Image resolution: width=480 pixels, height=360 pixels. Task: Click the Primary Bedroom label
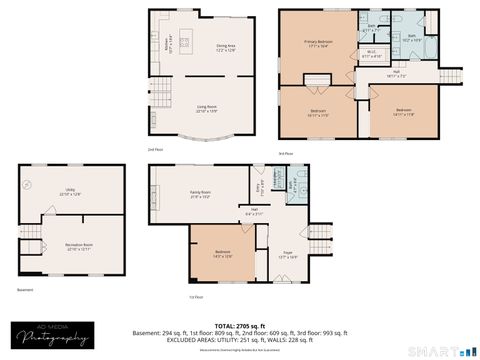[318, 43]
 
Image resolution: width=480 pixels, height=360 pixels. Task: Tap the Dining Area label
[226, 47]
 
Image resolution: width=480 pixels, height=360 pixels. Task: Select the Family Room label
[201, 194]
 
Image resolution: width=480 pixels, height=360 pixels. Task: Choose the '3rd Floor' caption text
[287, 152]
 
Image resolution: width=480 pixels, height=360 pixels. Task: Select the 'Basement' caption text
[26, 291]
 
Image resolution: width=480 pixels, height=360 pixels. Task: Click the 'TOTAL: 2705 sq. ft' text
[241, 325]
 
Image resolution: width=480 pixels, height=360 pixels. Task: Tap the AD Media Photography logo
[50, 337]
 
